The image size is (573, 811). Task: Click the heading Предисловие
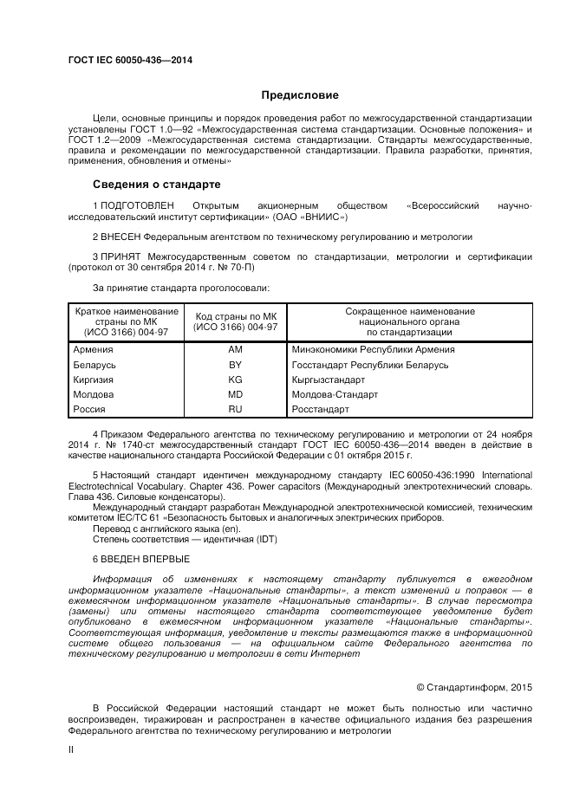point(300,95)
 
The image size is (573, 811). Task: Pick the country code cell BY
point(235,366)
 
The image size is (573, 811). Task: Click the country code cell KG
point(235,380)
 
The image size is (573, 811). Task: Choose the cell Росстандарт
point(321,410)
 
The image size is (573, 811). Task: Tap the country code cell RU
point(235,410)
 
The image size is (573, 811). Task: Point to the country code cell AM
point(235,350)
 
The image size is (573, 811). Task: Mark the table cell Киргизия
point(94,380)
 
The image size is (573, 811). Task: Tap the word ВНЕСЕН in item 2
point(118,236)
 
